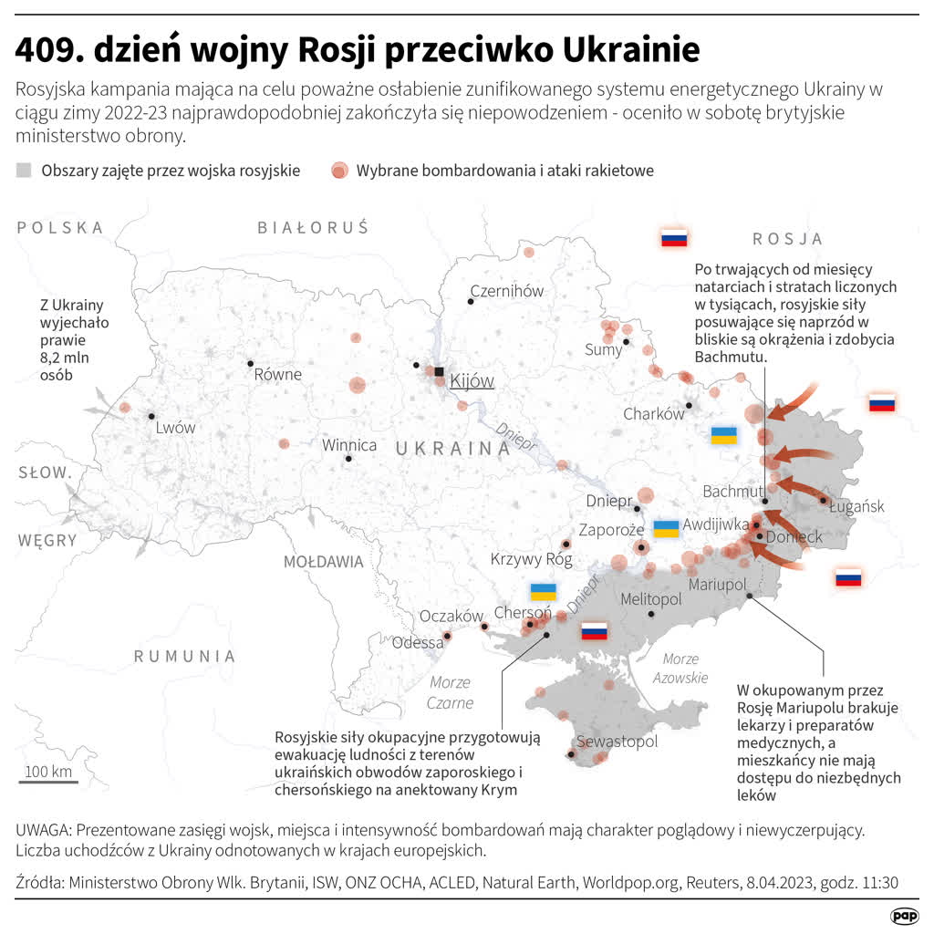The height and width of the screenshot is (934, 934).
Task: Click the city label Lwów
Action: pos(175,427)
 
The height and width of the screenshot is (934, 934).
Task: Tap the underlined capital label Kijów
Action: pos(472,380)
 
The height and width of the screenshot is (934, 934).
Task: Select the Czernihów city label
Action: pos(506,291)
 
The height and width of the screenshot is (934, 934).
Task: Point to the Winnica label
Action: pos(349,445)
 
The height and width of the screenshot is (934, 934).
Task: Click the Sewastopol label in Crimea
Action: pos(616,741)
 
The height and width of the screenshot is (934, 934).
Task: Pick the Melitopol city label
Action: pos(650,599)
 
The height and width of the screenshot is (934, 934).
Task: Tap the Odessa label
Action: pos(418,642)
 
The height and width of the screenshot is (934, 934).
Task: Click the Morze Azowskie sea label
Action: pos(680,668)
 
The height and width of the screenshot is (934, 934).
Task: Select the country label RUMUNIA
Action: pos(185,656)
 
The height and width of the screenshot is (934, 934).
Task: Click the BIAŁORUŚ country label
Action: pos(313,228)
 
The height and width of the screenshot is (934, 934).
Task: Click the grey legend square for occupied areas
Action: pos(24,170)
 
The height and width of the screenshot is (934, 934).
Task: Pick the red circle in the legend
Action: pos(339,170)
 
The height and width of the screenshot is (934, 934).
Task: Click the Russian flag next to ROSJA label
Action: pos(674,239)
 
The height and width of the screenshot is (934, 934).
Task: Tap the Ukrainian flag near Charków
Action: pos(723,435)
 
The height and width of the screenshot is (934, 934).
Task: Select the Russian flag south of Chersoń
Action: pos(595,630)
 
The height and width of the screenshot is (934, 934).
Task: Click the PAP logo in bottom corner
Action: pos(904,914)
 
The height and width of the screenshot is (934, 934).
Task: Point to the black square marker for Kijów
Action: pos(439,372)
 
